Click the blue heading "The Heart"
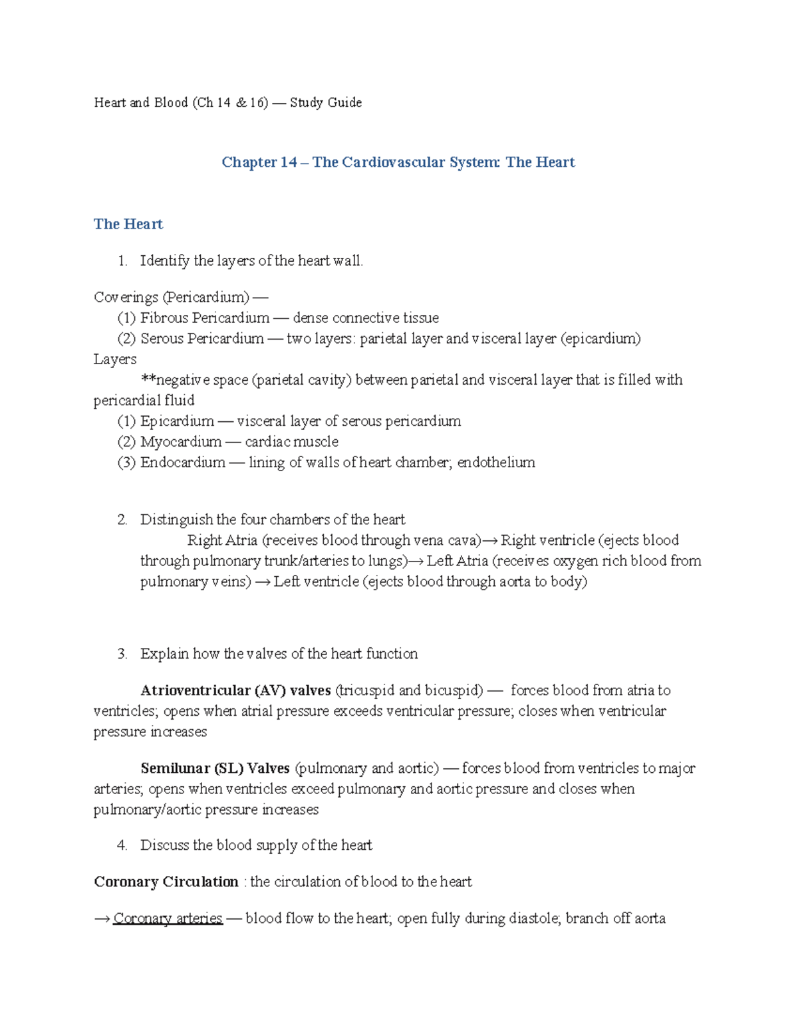click(x=128, y=224)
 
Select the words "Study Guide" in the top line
click(x=326, y=102)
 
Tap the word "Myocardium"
click(x=181, y=442)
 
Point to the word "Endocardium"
click(x=183, y=463)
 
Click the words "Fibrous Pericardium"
click(x=205, y=318)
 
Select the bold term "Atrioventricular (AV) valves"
click(x=236, y=690)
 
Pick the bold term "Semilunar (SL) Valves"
click(x=215, y=768)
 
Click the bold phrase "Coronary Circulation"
click(x=166, y=882)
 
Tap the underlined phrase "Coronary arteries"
click(x=168, y=918)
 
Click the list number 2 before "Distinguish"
click(x=122, y=520)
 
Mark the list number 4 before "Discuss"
click(x=122, y=845)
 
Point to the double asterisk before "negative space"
click(x=148, y=380)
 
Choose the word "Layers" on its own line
click(x=115, y=360)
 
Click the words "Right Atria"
click(x=222, y=540)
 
